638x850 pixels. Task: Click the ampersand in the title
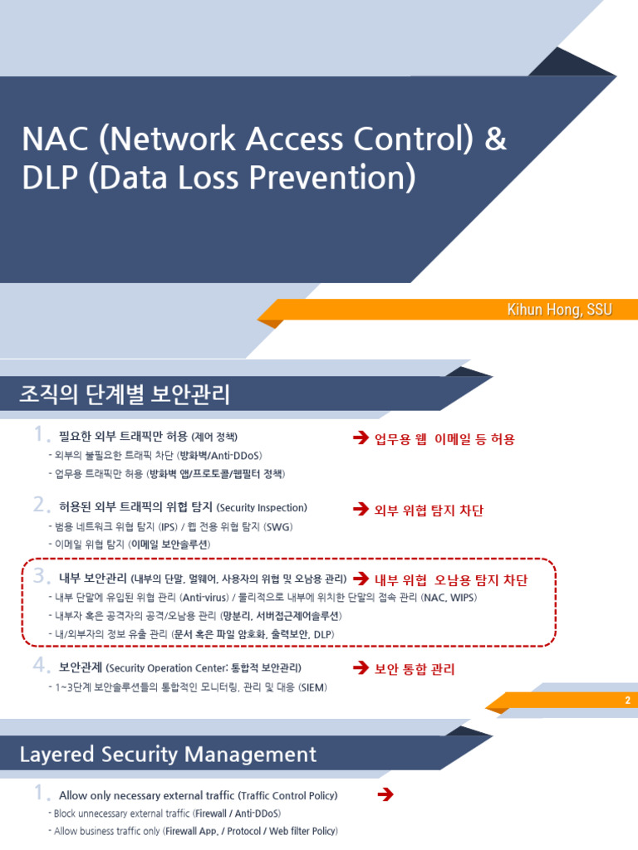[494, 140]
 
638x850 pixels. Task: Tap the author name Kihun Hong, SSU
[559, 310]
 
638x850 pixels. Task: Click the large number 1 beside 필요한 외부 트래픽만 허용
[40, 436]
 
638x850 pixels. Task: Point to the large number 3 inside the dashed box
[41, 577]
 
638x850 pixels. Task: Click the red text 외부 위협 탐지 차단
[429, 510]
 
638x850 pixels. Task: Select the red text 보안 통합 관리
[415, 668]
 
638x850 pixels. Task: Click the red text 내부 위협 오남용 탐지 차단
[451, 579]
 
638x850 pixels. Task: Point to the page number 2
[628, 701]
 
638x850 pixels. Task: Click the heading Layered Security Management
[169, 754]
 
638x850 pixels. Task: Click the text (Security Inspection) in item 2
[263, 507]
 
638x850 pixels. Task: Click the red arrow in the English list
[385, 795]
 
